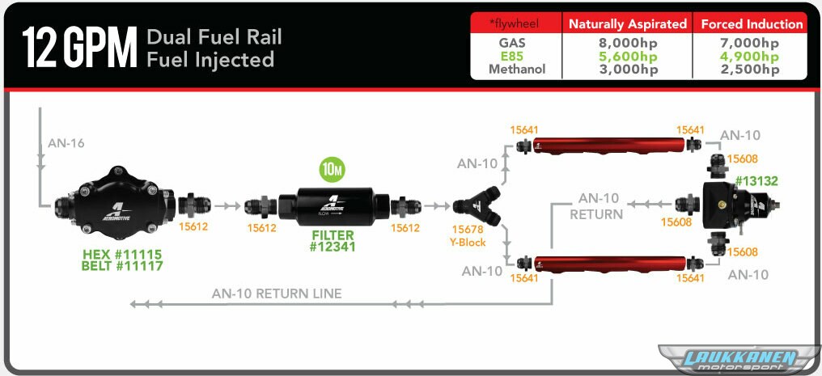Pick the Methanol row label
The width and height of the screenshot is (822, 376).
pos(517,70)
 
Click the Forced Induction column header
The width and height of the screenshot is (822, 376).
pos(752,24)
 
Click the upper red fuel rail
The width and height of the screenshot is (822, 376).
pos(604,146)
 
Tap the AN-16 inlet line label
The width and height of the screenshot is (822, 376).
pos(65,143)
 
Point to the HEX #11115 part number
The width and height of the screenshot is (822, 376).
pos(122,254)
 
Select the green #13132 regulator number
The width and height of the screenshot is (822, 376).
pos(756,181)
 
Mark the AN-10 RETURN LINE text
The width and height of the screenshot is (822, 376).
pos(277,294)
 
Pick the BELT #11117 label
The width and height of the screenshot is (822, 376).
pos(122,265)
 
